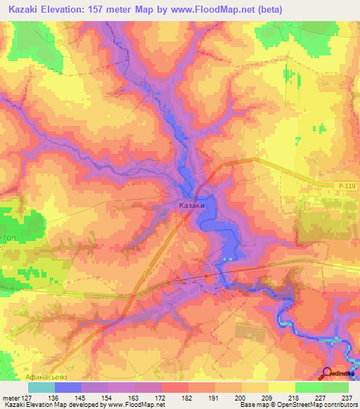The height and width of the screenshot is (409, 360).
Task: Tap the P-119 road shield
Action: tap(342, 185)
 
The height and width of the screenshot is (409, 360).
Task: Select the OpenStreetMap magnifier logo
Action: tap(328, 375)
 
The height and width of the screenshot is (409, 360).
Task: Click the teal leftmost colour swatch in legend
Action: tap(41, 387)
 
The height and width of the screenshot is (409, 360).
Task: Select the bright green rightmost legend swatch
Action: tap(335, 387)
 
